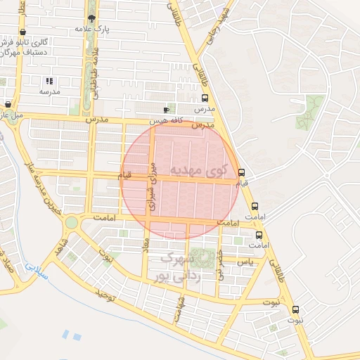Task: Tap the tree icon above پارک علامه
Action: pyautogui.click(x=91, y=18)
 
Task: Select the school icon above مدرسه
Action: pyautogui.click(x=49, y=82)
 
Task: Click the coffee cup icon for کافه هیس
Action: pyautogui.click(x=167, y=110)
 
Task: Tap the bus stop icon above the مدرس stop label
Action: pyautogui.click(x=205, y=98)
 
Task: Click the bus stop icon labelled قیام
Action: pyautogui.click(x=242, y=172)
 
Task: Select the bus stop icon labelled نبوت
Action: pyautogui.click(x=295, y=309)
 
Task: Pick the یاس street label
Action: pyautogui.click(x=244, y=261)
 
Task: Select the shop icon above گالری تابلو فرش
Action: pyautogui.click(x=24, y=32)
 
